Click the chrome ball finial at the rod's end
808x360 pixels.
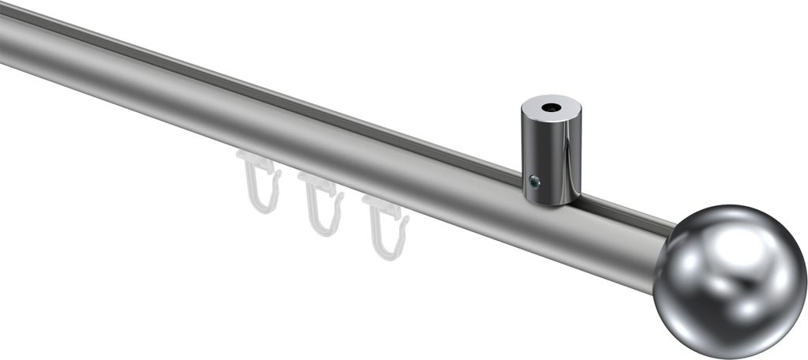(x=729, y=281)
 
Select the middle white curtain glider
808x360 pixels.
(x=322, y=204)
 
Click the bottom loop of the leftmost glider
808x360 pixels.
(x=264, y=201)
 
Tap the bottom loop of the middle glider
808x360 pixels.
(x=325, y=223)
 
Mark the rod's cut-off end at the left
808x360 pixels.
(x=3, y=39)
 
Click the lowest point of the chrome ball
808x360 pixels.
(x=730, y=358)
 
